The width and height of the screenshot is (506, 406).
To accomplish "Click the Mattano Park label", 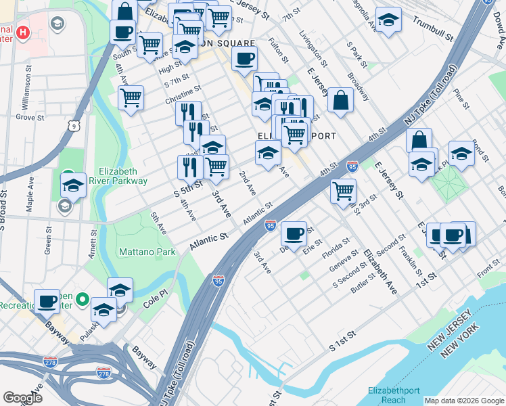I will pos(147,252).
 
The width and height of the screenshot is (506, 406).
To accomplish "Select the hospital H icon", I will pos(23,32).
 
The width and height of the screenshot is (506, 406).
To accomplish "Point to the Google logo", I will pos(23,398).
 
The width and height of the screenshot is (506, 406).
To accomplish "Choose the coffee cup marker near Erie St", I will pos(294,233).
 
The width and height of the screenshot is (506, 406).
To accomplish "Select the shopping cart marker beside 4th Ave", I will pos(131,97).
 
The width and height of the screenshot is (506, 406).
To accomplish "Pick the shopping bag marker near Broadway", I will pos(341,99).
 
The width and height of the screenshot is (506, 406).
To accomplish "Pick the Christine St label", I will pos(183,95).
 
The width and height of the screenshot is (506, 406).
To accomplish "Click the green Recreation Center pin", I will pos(82,298).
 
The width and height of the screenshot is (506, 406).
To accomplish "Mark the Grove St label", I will pos(30,117).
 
